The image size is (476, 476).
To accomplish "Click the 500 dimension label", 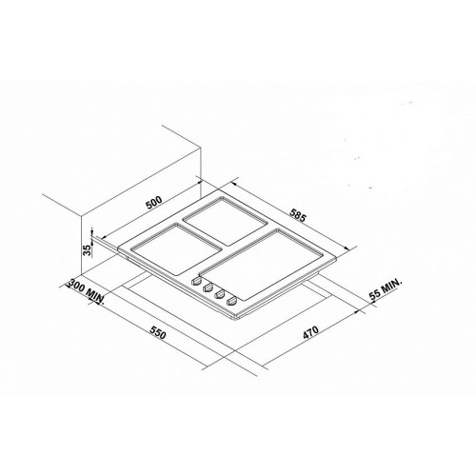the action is coord(154,203).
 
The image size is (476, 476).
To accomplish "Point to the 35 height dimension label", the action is coord(87,249).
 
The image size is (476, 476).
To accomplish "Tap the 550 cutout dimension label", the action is coord(158,331).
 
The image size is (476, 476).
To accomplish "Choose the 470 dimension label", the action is coord(310,332).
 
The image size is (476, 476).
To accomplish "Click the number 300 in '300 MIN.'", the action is coord(77,286).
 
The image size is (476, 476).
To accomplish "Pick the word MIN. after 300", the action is coord(95,296).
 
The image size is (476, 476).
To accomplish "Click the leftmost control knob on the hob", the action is coord(196,281).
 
